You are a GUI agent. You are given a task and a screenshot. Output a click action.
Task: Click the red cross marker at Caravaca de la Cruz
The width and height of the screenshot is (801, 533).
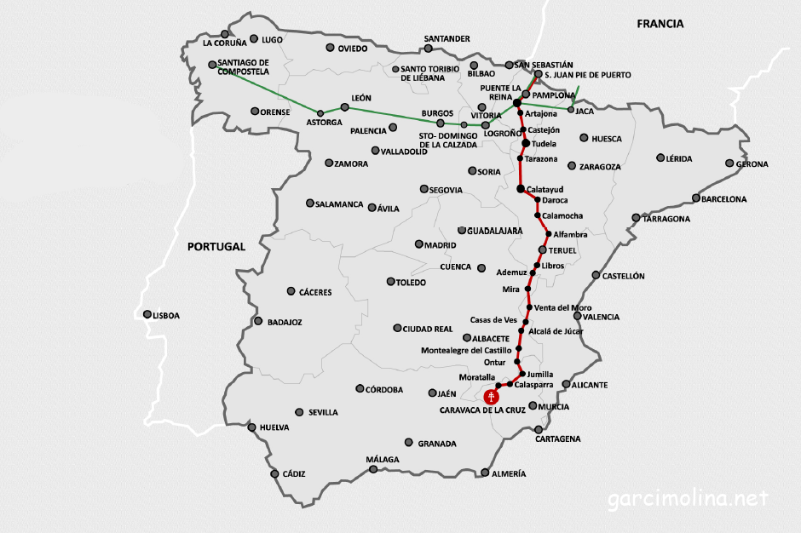pyautogui.click(x=492, y=396)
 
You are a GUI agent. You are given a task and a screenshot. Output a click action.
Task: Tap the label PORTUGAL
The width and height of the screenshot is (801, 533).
pyautogui.click(x=216, y=246)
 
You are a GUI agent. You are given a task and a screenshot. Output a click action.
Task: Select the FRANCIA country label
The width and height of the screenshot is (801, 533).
pyautogui.click(x=660, y=24)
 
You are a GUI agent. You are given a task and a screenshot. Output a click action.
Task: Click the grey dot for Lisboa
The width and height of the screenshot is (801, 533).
pyautogui.click(x=147, y=314)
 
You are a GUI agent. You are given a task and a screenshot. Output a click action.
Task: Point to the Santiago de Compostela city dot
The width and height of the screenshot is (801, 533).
pyautogui.click(x=212, y=64)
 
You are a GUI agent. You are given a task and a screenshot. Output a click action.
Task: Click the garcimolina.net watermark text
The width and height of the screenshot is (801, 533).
pyautogui.click(x=688, y=498)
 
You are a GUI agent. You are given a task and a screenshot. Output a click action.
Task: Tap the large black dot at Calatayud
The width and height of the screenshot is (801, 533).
pyautogui.click(x=521, y=188)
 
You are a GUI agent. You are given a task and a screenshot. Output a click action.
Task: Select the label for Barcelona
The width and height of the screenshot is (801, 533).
pyautogui.click(x=723, y=199)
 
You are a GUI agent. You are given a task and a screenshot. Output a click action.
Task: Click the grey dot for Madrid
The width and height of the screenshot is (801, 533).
pyautogui.click(x=418, y=244)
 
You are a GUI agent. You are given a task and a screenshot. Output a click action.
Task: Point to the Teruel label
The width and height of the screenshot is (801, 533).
pyautogui.click(x=562, y=251)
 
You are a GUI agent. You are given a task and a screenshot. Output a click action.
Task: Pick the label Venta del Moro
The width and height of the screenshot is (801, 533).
pyautogui.click(x=562, y=307)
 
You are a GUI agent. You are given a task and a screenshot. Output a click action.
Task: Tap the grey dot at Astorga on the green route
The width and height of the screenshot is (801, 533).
pyautogui.click(x=320, y=113)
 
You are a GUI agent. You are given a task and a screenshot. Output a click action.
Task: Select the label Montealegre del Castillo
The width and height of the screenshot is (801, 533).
pyautogui.click(x=466, y=350)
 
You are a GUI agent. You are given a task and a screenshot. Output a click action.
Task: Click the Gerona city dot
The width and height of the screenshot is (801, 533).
pyautogui.click(x=729, y=163)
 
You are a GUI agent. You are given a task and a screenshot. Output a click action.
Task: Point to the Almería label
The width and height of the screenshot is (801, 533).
pyautogui.click(x=509, y=473)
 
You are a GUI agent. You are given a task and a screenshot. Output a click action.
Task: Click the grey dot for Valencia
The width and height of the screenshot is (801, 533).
pyautogui.click(x=577, y=316)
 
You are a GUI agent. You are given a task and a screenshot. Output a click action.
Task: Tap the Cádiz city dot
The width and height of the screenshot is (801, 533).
pyautogui.click(x=274, y=474)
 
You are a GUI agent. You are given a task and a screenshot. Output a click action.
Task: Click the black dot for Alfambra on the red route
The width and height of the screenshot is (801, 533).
pyautogui.click(x=548, y=233)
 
